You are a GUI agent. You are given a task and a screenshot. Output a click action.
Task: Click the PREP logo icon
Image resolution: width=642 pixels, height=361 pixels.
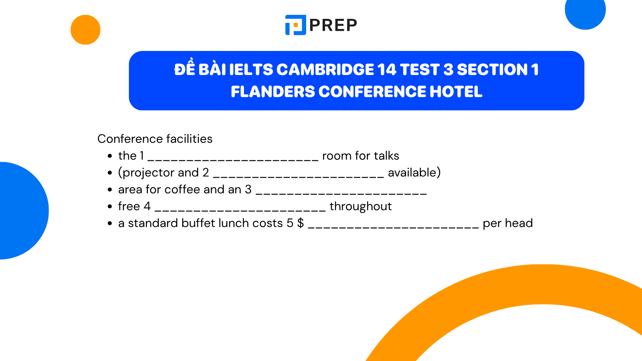tap(295, 25)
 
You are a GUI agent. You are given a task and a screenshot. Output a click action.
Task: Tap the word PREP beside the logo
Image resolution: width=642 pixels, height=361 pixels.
tap(333, 25)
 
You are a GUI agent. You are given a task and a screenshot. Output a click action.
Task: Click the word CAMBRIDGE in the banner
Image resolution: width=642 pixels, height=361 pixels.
tap(325, 70)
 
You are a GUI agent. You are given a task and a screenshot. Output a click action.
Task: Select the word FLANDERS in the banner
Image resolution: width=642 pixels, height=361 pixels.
tap(273, 92)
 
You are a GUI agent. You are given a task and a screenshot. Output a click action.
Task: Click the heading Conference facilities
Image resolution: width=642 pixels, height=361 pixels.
tap(155, 139)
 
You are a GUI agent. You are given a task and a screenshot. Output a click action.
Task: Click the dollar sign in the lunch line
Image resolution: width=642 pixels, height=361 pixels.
tap(301, 223)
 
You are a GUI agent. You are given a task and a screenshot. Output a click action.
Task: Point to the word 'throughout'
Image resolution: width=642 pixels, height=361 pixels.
tap(361, 206)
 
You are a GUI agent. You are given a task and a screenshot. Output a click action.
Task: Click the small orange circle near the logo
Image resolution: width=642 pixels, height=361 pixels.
tap(85, 30)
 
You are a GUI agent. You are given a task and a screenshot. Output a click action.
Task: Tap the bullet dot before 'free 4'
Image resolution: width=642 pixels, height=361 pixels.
tap(110, 207)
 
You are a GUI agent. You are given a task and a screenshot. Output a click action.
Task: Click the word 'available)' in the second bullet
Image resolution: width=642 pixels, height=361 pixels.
tap(414, 173)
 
